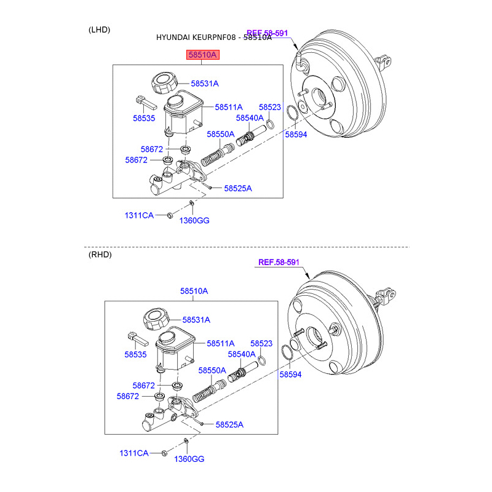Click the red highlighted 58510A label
tap(202, 55)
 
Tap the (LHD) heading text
tap(100, 30)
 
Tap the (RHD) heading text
tap(100, 254)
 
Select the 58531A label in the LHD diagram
tap(204, 83)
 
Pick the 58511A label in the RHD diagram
tap(220, 344)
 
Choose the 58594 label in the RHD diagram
tap(290, 374)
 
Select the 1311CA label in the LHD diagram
tap(139, 215)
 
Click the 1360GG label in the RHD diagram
tap(189, 459)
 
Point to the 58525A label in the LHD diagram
tap(238, 188)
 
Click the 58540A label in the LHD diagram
tap(250, 117)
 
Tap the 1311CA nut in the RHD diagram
tap(164, 453)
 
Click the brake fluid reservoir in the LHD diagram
tap(181, 114)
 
